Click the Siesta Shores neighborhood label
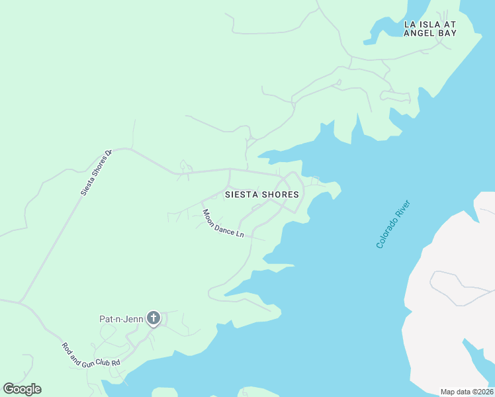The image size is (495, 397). coord(261,195)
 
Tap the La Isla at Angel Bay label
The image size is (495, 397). coord(430,28)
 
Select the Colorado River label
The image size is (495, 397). coord(394,224)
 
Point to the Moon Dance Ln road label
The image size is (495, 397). coord(223,224)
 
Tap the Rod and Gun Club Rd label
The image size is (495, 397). coord(91,355)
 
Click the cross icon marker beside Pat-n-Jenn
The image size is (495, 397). coord(154,319)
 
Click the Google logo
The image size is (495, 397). coord(22,389)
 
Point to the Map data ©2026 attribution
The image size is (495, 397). coord(466,392)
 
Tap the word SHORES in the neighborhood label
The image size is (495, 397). coord(280,195)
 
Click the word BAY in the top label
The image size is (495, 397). coord(449,33)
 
